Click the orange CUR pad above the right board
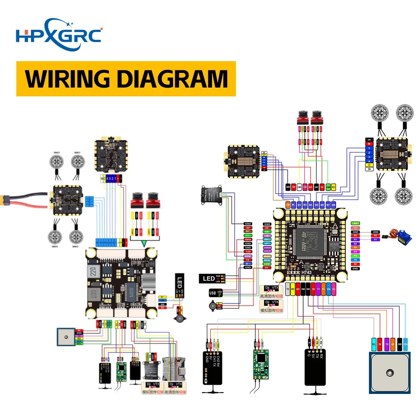pos(287,204)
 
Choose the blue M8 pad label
pos(334,204)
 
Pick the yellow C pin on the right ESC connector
pos(369,165)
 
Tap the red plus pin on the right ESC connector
pos(369,144)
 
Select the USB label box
pos(213,292)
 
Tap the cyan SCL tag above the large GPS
pos(373,344)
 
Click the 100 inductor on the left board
pos(94,292)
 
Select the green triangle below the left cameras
pos(144,243)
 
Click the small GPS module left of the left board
pos(66,336)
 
